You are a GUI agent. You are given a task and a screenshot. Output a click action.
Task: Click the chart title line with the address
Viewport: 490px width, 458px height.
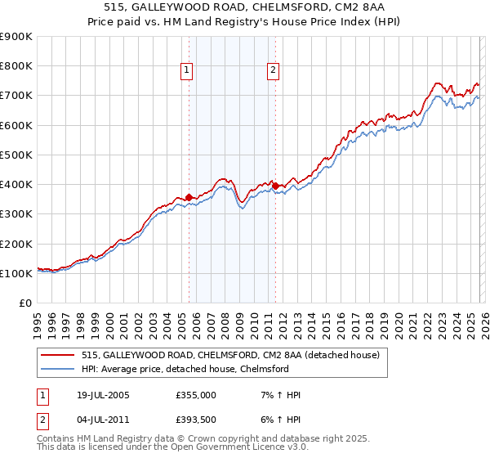click(x=245, y=7)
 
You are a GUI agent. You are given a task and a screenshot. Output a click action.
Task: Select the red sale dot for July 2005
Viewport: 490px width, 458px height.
click(x=189, y=197)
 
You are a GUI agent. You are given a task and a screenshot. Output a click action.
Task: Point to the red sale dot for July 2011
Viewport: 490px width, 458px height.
click(x=275, y=186)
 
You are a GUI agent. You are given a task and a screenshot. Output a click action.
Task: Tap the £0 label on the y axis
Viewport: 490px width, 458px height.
click(x=24, y=303)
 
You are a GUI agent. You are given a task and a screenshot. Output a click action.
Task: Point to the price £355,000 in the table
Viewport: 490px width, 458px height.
click(x=194, y=395)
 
